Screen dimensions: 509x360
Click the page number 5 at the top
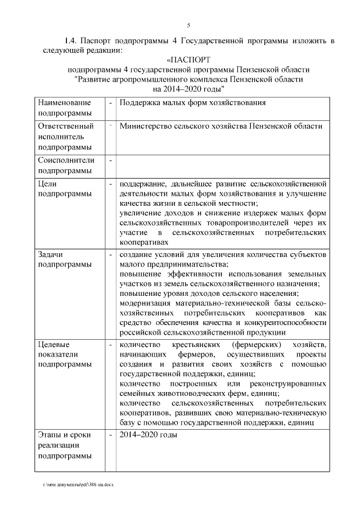(189, 25)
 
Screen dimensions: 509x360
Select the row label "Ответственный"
(65, 126)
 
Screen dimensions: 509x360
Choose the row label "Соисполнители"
(66, 160)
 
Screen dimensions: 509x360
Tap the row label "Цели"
(47, 183)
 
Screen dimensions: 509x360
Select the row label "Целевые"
(53, 344)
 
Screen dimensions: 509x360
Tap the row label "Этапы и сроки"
(64, 435)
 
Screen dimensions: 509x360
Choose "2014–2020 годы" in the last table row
(148, 435)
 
